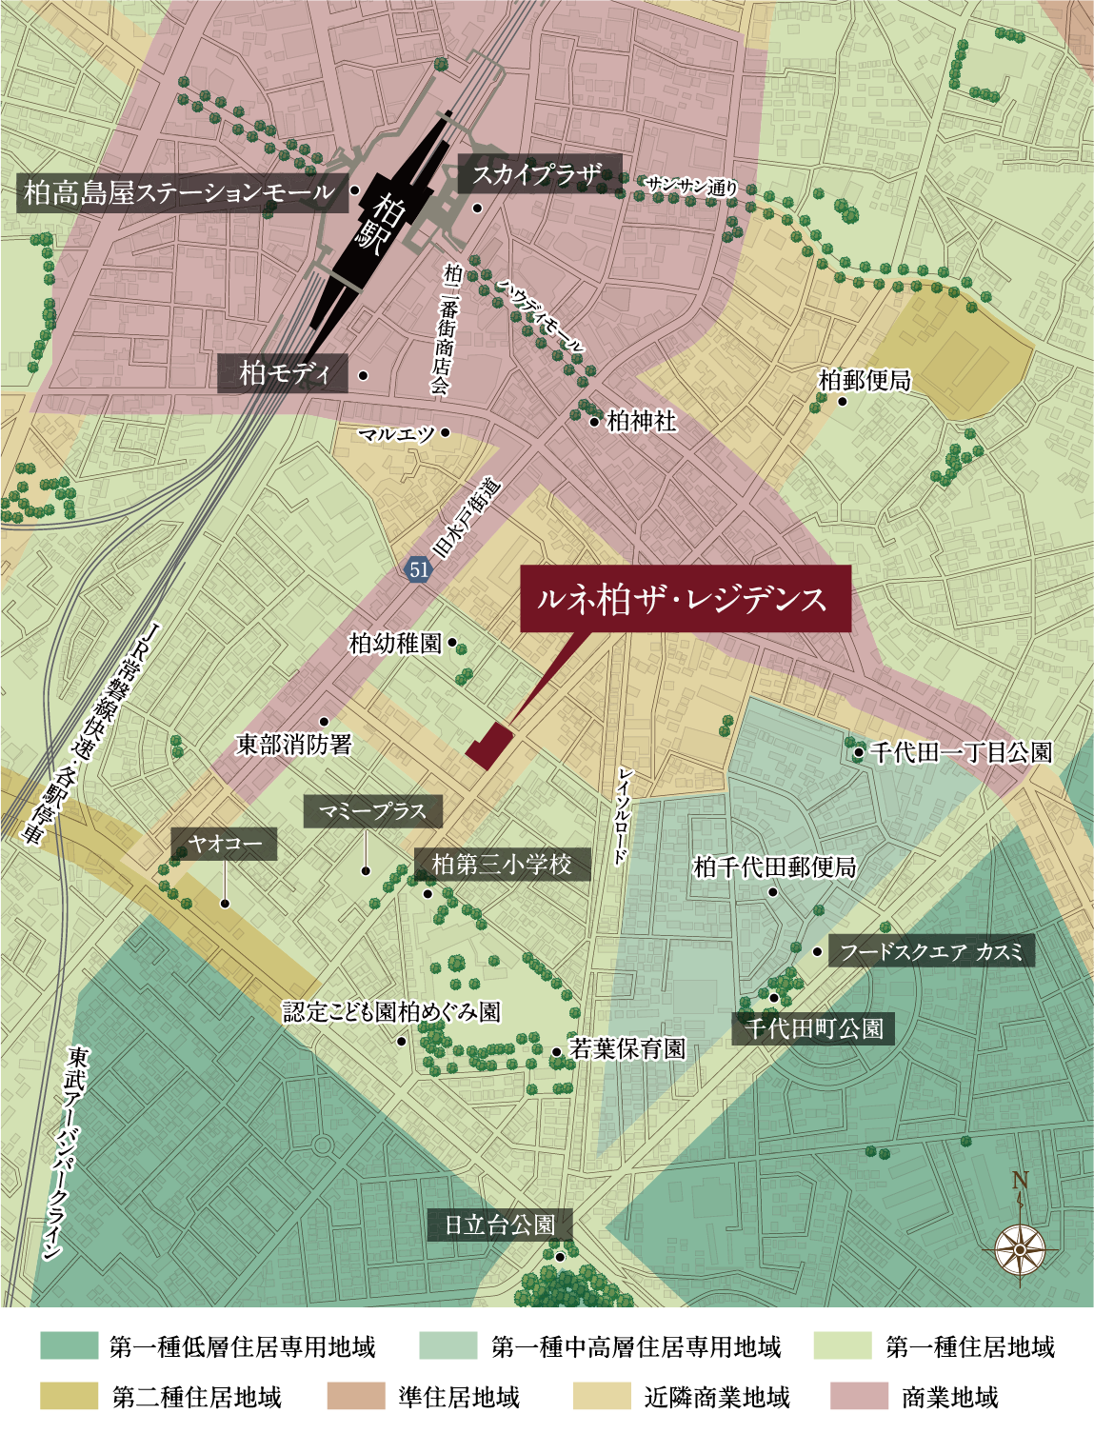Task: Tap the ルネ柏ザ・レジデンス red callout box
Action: [683, 598]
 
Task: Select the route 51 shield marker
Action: [418, 569]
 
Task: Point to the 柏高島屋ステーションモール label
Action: [180, 193]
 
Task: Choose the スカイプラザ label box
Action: [539, 174]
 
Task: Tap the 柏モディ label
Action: [283, 373]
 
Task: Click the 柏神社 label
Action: [641, 421]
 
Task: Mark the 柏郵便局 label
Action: [865, 381]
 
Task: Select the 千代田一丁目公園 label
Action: [960, 752]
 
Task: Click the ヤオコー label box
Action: [224, 845]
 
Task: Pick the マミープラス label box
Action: [372, 811]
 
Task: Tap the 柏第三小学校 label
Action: [502, 865]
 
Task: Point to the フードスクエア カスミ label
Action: [930, 951]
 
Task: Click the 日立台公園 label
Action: [500, 1225]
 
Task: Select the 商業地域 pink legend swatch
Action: [859, 1397]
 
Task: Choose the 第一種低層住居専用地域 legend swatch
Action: [70, 1346]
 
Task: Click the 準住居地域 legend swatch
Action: [356, 1397]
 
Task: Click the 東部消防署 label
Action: [293, 745]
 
